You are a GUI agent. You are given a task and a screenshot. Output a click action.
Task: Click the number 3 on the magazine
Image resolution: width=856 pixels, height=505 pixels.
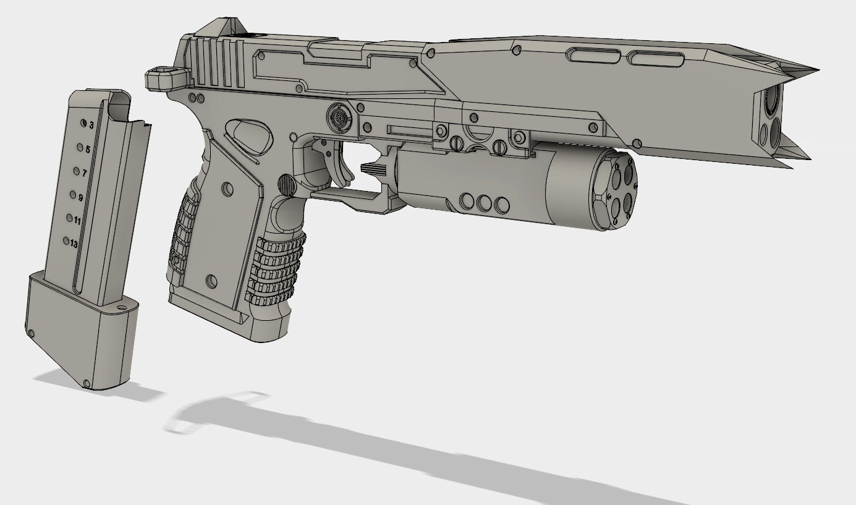[x=91, y=125]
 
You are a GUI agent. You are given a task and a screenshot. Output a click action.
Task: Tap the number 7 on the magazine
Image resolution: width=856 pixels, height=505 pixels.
[x=85, y=173]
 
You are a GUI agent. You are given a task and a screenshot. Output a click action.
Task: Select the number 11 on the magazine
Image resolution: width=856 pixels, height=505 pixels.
[x=77, y=220]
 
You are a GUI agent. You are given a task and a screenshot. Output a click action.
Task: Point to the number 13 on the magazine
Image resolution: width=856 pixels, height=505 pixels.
[x=74, y=244]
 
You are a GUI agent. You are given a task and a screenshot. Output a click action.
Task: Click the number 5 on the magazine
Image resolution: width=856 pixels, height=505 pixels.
[x=88, y=150]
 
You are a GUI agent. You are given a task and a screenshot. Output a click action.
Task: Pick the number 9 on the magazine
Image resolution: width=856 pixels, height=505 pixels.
[x=80, y=197]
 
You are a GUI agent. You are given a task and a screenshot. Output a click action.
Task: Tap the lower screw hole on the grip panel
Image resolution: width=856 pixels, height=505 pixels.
[x=211, y=281]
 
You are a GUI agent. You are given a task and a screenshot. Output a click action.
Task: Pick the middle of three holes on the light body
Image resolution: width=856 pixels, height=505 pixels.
[x=484, y=202]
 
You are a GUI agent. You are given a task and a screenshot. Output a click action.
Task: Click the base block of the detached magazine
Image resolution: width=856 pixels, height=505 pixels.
[x=80, y=337]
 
